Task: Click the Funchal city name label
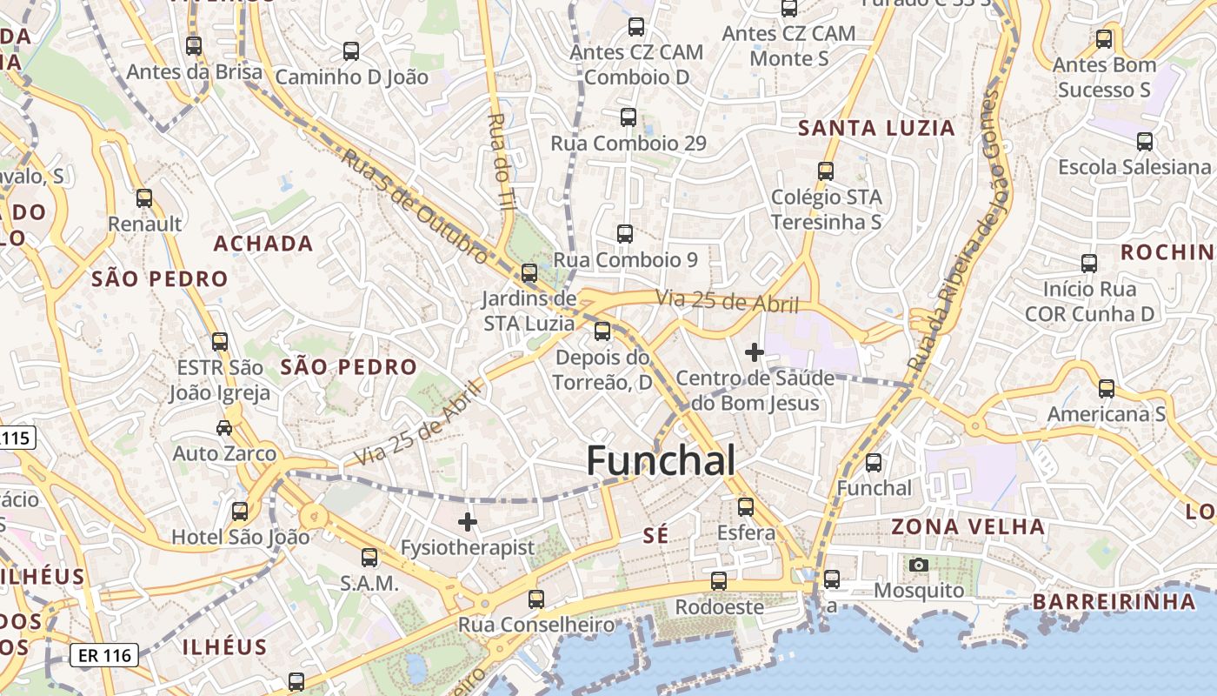coord(661,460)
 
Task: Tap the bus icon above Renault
coord(144,198)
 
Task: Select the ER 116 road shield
coord(103,654)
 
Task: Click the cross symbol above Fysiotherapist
coord(468,522)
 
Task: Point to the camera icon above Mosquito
coord(918,565)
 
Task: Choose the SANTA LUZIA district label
coord(876,128)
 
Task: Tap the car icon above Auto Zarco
coord(224,427)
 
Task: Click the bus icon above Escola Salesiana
coord(1145,141)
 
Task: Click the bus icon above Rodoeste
coord(719,580)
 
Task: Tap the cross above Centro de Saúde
coord(755,352)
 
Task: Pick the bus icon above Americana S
coord(1107,388)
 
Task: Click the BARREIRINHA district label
coord(1114,601)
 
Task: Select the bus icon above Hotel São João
coord(240,511)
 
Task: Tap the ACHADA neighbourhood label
coord(263,244)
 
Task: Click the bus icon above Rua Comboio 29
coord(628,117)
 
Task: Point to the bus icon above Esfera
coord(746,506)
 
